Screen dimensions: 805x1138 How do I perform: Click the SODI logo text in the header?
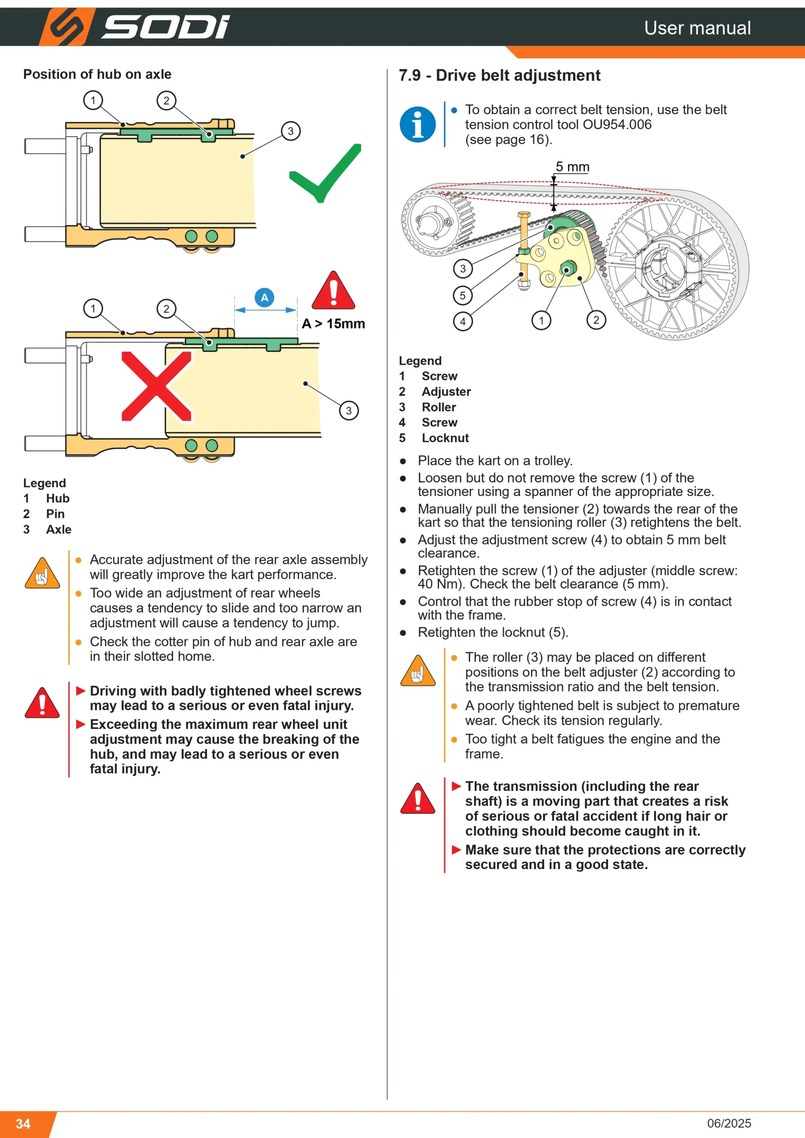click(x=165, y=27)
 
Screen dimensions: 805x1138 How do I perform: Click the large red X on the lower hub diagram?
click(x=156, y=386)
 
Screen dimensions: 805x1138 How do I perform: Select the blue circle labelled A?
click(x=264, y=297)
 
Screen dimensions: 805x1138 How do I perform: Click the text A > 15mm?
click(x=333, y=324)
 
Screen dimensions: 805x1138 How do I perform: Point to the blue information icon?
click(x=418, y=124)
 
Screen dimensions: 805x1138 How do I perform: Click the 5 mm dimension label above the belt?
click(x=573, y=167)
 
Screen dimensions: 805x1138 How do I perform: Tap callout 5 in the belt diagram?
click(x=463, y=296)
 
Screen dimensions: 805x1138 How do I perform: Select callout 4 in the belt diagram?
click(x=463, y=321)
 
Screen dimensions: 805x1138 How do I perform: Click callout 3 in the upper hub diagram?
click(x=291, y=131)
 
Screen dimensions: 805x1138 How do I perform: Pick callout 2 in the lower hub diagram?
click(x=167, y=309)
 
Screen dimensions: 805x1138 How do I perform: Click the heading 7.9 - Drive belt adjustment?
click(x=500, y=75)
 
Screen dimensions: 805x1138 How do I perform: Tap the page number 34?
click(x=23, y=1124)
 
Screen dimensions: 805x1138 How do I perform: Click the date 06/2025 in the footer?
click(x=729, y=1123)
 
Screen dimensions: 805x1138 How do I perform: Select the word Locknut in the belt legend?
click(x=445, y=438)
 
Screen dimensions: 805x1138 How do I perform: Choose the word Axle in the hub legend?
click(x=59, y=529)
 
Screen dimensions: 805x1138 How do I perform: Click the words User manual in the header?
click(x=697, y=28)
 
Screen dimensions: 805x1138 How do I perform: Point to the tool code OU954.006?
click(x=617, y=124)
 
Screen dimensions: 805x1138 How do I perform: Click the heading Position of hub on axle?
click(x=97, y=74)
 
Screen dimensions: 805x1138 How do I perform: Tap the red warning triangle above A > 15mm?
click(x=333, y=290)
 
